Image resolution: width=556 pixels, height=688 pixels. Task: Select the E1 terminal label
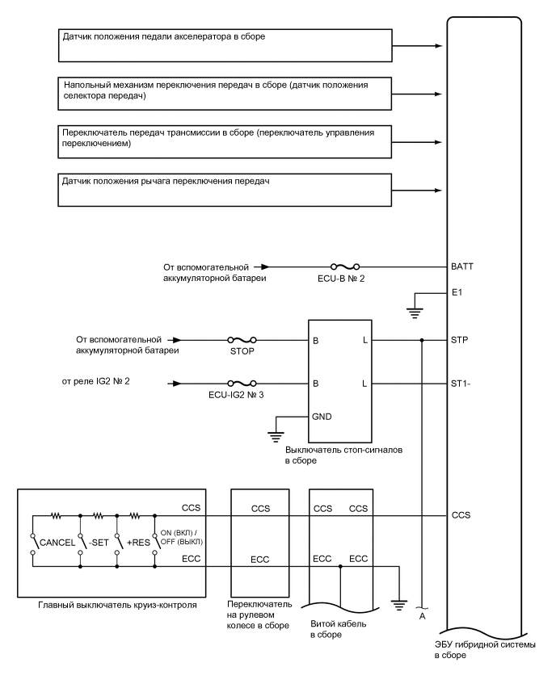(x=458, y=294)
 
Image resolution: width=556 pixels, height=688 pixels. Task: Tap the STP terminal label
(x=461, y=340)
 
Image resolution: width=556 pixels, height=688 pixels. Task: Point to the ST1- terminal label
(x=461, y=384)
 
